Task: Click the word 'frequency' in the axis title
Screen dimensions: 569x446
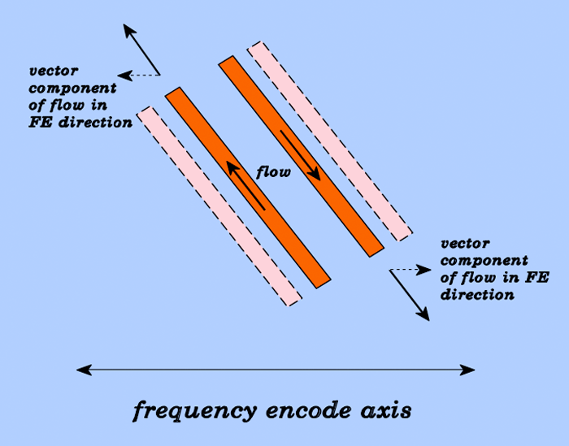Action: [x=195, y=411]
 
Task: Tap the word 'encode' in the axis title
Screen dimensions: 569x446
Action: [x=308, y=410]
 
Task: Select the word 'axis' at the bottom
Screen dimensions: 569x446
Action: [x=386, y=411]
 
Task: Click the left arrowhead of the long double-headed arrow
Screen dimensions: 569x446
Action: [x=84, y=370]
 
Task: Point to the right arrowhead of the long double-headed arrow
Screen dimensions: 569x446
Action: [x=467, y=370]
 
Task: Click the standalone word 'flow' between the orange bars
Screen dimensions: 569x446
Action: [x=273, y=171]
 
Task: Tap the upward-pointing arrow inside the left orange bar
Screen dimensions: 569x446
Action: [x=245, y=186]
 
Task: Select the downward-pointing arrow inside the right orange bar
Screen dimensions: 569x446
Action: [x=301, y=155]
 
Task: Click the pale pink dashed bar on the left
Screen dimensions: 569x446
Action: [x=219, y=206]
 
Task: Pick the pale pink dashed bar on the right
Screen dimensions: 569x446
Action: [x=330, y=141]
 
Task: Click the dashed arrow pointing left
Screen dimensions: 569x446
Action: [x=139, y=76]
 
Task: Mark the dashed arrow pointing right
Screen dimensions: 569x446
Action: [x=410, y=270]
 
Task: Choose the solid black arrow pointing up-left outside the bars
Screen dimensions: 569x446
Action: [x=141, y=50]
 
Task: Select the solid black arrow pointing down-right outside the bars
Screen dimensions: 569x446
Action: [x=410, y=295]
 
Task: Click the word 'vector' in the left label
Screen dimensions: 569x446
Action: [x=54, y=71]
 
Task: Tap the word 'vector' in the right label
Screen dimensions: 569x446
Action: [x=465, y=243]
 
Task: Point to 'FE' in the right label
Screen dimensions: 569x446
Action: [x=537, y=277]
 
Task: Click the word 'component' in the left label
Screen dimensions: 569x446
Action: [x=72, y=89]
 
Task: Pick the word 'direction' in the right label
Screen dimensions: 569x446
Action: [x=478, y=294]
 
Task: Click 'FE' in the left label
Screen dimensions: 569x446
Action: [x=41, y=123]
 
